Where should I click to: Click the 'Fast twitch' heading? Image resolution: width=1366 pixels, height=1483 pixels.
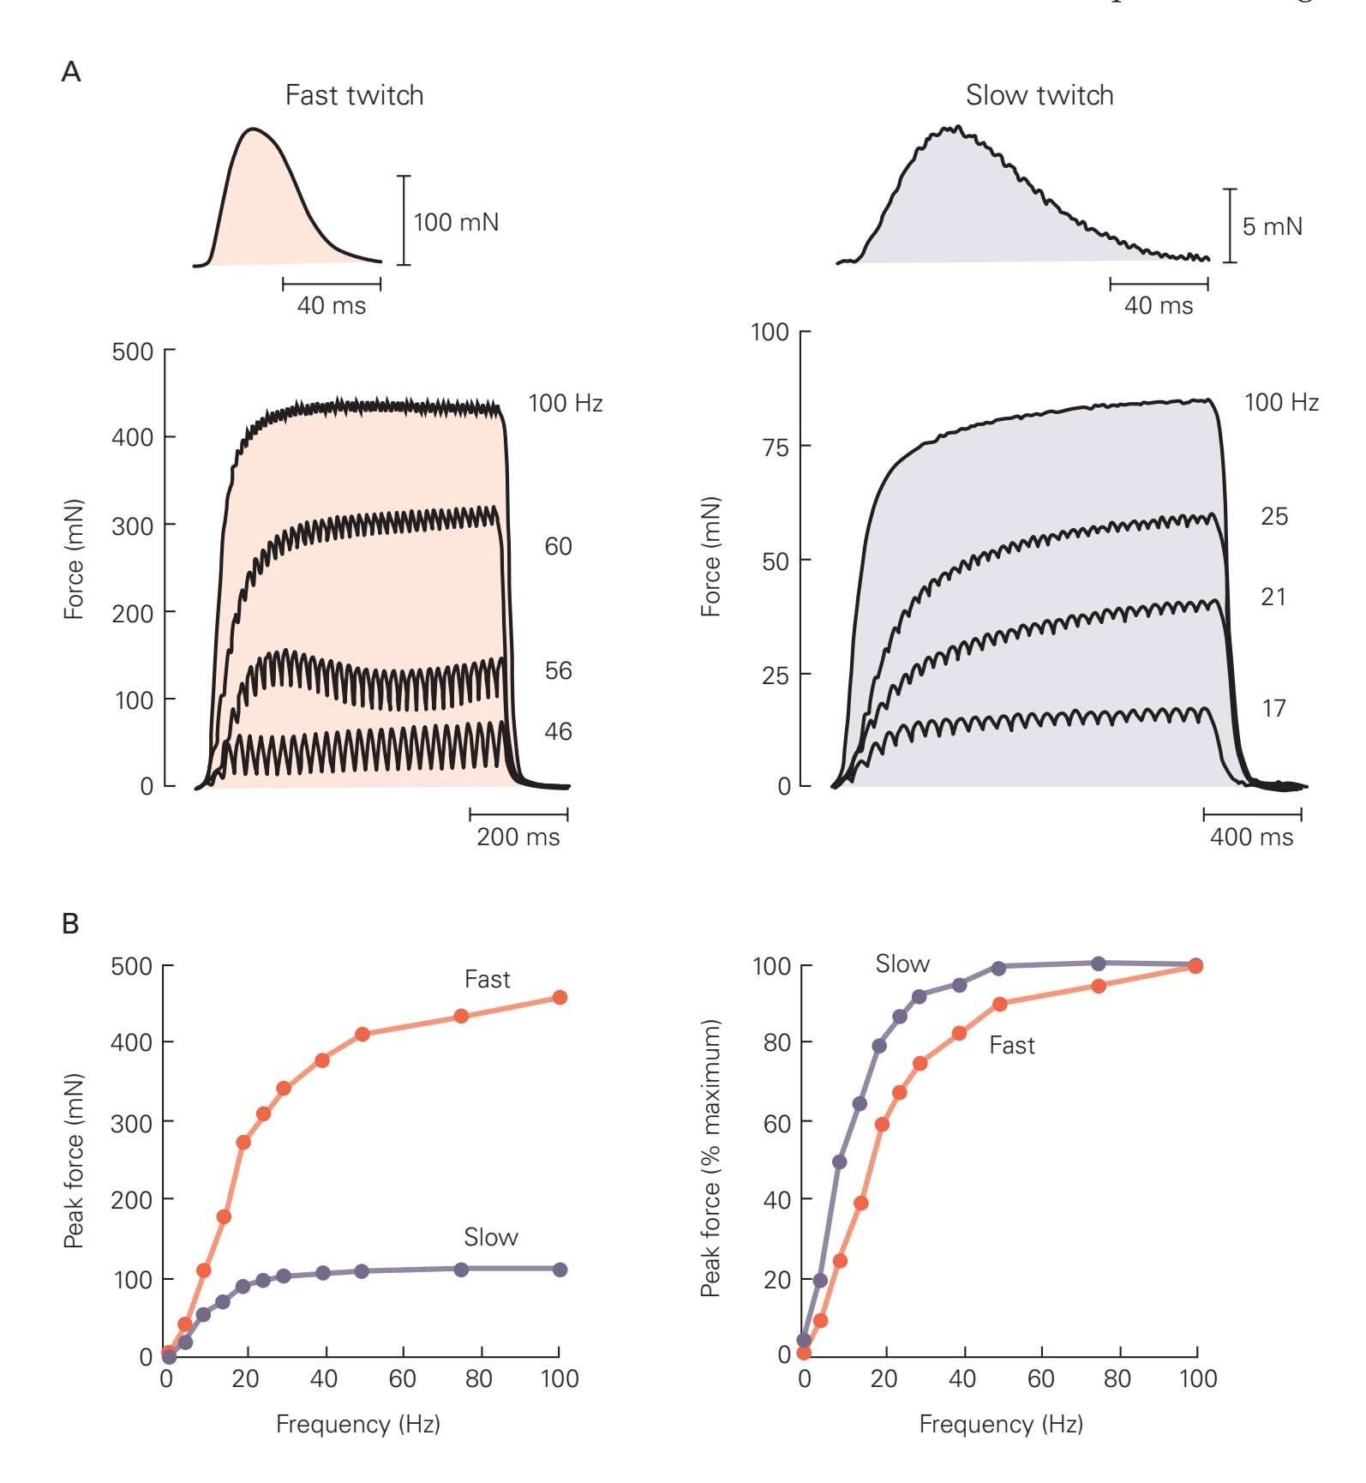[354, 95]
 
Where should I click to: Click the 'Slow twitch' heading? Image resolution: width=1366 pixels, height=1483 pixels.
[1039, 95]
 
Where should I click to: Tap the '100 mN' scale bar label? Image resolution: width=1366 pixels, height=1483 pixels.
[455, 223]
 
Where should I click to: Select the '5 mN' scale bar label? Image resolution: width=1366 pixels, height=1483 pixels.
[1272, 227]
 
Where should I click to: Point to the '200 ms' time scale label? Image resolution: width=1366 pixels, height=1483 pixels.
[518, 837]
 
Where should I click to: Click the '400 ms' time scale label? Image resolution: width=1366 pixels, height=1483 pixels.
[1251, 837]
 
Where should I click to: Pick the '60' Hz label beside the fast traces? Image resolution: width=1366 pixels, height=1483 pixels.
[558, 547]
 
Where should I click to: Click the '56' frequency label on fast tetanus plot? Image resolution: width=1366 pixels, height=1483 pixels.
[558, 671]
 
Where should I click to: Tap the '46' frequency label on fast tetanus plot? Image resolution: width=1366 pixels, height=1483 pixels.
[558, 732]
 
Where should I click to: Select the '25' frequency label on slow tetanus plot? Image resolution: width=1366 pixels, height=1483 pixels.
[1273, 517]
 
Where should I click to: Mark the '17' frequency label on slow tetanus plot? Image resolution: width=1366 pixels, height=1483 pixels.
[1273, 709]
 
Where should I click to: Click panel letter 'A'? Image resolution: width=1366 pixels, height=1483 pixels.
[71, 72]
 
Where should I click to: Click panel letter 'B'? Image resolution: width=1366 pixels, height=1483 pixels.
[71, 924]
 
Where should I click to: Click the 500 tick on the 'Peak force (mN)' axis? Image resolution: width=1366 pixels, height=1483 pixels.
[131, 967]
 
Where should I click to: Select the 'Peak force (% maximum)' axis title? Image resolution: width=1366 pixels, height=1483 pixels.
[710, 1158]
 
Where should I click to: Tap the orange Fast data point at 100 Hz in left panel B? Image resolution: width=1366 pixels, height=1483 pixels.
[560, 998]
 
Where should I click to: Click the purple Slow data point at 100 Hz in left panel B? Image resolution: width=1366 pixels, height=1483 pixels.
[560, 1270]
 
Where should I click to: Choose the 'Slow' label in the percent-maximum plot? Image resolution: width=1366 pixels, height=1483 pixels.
[902, 964]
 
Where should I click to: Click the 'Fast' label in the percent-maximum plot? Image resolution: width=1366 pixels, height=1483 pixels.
[1011, 1046]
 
